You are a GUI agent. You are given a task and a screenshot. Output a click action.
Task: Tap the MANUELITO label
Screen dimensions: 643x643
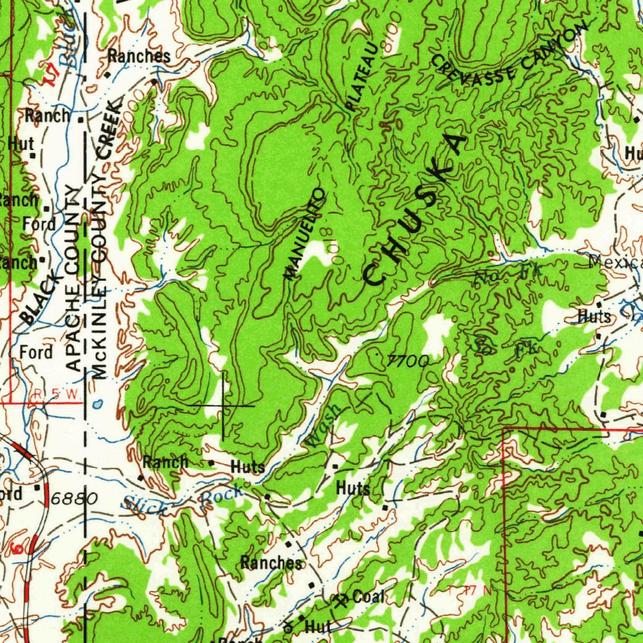(305, 234)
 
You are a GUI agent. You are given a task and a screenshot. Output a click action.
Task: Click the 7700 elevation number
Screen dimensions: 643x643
(408, 361)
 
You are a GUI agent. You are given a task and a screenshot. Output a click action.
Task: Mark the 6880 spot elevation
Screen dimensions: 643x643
(75, 499)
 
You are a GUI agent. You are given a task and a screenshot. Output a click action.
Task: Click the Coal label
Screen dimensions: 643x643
(369, 597)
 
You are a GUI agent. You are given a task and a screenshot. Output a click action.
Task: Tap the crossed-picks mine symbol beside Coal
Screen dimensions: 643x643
(341, 600)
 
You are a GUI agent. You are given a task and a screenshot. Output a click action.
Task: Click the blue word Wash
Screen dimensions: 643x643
(325, 426)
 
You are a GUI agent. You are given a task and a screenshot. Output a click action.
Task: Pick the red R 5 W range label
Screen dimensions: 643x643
(57, 394)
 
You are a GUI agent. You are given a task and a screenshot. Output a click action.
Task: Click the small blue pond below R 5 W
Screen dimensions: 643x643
(97, 404)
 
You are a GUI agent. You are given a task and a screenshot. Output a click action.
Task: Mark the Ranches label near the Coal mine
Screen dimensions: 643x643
(271, 563)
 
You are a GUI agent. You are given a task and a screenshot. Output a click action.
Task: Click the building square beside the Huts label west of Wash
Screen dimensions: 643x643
(211, 463)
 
